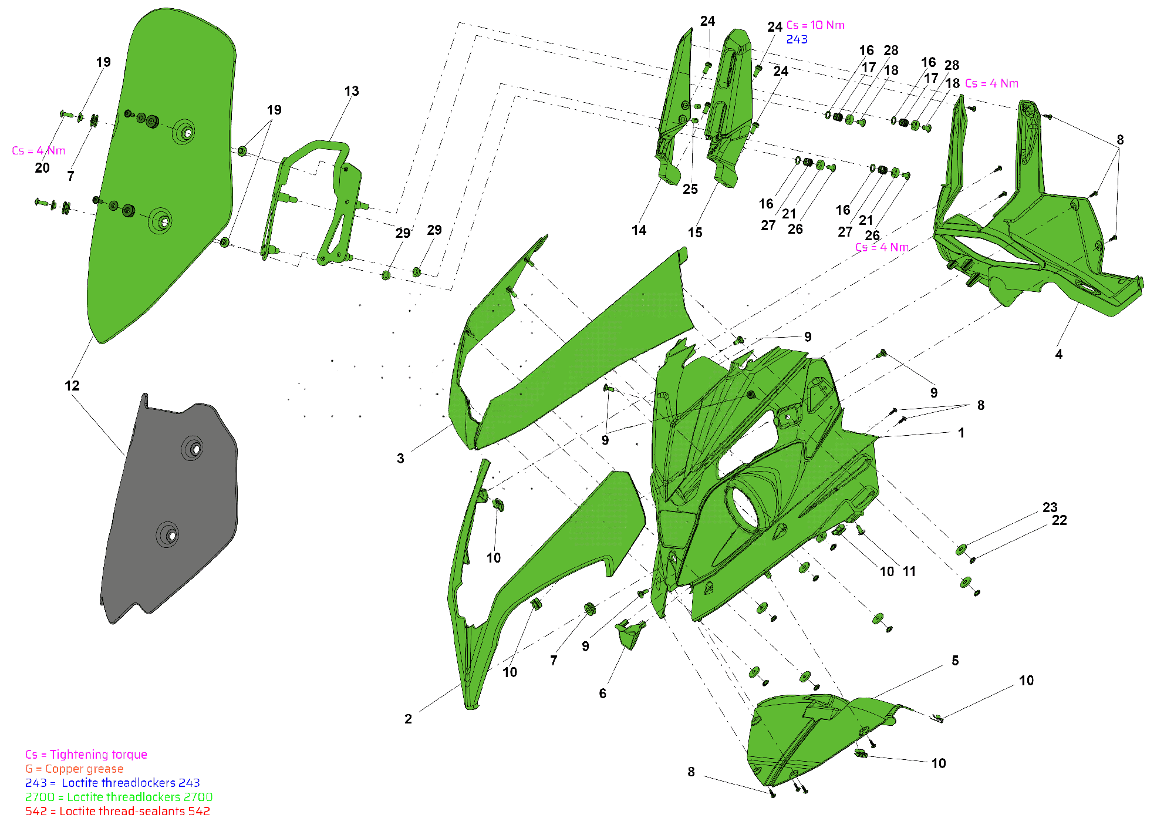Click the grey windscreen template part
[x=170, y=511]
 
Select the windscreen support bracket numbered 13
[x=317, y=194]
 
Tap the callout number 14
[x=639, y=231]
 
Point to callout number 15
[x=695, y=233]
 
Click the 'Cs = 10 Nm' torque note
[x=815, y=25]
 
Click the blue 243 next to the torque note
[x=797, y=39]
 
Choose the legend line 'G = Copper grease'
[x=75, y=769]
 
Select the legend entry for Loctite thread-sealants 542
[x=117, y=811]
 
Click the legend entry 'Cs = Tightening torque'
[x=86, y=755]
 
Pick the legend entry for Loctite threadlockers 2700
[x=119, y=797]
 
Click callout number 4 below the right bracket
[x=1058, y=354]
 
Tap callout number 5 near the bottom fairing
[x=955, y=661]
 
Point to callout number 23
[x=1050, y=507]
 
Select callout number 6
[x=602, y=694]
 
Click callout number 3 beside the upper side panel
[x=400, y=459]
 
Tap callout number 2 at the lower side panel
[x=408, y=719]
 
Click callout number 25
[x=690, y=189]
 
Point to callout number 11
[x=909, y=571]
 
